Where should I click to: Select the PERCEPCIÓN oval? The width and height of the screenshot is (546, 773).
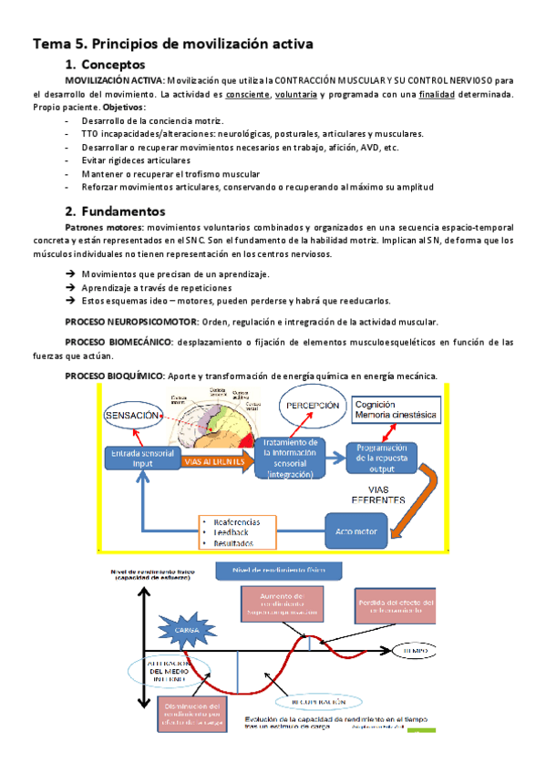click(x=313, y=406)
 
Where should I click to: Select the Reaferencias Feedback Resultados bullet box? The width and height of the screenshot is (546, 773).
click(x=237, y=531)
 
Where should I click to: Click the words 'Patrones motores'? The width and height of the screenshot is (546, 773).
click(x=104, y=227)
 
